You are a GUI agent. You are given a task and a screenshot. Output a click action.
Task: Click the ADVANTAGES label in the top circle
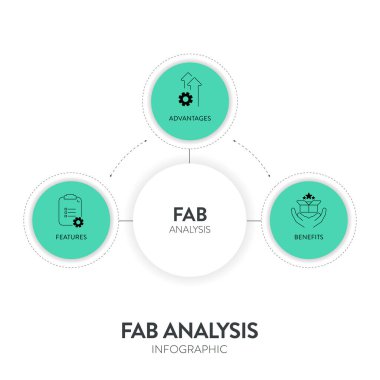(x=190, y=118)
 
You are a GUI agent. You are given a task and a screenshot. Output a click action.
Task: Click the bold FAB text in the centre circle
(x=190, y=213)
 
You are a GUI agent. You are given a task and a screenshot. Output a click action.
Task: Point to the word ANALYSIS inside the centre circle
(x=190, y=230)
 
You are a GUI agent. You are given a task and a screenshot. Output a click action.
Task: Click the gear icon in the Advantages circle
(x=183, y=98)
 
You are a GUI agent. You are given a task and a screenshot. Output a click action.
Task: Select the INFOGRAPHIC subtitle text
(x=190, y=350)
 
